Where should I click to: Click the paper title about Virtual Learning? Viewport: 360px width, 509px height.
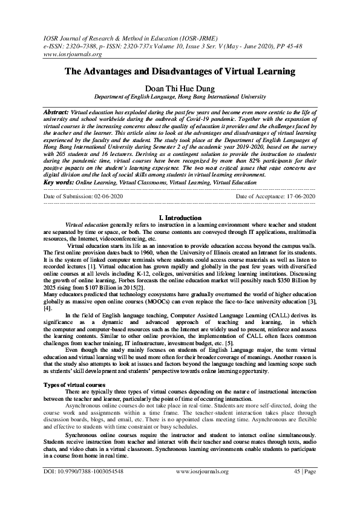tap(180, 72)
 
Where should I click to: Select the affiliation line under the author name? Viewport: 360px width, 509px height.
tap(180, 97)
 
